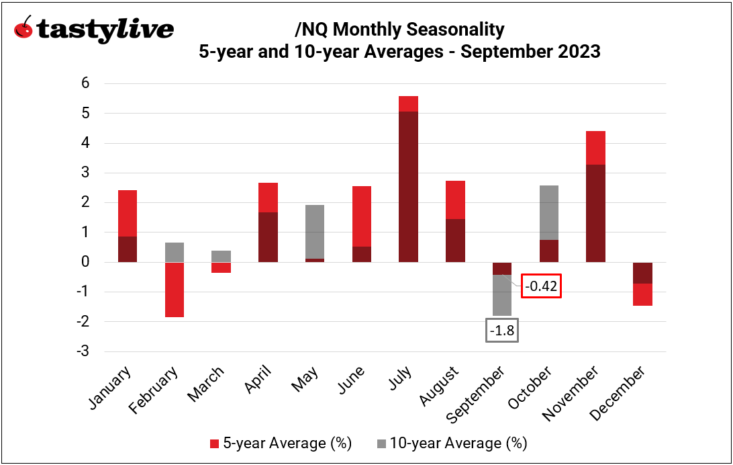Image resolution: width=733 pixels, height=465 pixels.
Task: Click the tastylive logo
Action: pos(93,30)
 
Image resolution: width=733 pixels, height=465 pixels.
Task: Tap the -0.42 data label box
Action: pos(541,286)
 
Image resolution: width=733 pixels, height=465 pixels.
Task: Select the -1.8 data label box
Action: pos(501,331)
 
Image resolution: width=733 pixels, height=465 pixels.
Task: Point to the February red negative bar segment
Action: pos(175,290)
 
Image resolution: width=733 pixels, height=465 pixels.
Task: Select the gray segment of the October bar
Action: pos(548,212)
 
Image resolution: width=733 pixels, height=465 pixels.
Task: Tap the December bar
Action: pos(642,284)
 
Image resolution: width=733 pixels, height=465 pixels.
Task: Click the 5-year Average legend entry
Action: pos(281,443)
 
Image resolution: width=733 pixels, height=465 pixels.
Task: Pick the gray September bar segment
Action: pos(501,295)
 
